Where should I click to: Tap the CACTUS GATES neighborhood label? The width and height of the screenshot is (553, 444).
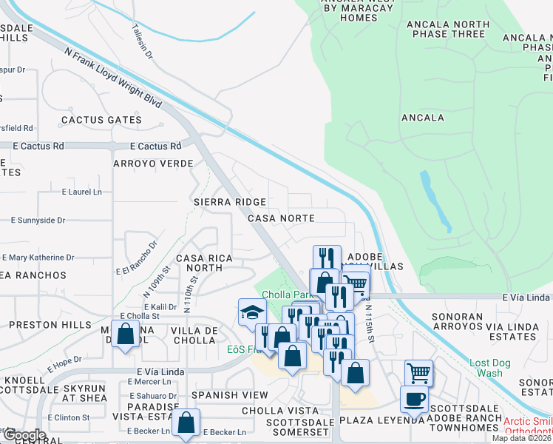pyautogui.click(x=101, y=120)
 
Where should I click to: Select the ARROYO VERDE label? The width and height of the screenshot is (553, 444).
pyautogui.click(x=153, y=164)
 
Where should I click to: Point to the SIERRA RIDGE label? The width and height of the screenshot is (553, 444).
pyautogui.click(x=230, y=201)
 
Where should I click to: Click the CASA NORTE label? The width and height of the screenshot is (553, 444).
pyautogui.click(x=281, y=218)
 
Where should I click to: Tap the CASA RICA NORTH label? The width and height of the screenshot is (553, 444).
pyautogui.click(x=204, y=263)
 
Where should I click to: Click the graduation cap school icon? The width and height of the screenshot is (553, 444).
pyautogui.click(x=252, y=312)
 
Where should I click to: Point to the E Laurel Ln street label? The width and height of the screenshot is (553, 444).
pyautogui.click(x=81, y=192)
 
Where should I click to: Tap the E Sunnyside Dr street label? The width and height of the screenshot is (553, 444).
pyautogui.click(x=38, y=221)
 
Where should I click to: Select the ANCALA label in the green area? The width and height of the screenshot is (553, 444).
pyautogui.click(x=422, y=118)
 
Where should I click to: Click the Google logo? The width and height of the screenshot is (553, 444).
pyautogui.click(x=24, y=435)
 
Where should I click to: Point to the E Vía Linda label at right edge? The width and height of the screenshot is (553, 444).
pyautogui.click(x=527, y=297)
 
